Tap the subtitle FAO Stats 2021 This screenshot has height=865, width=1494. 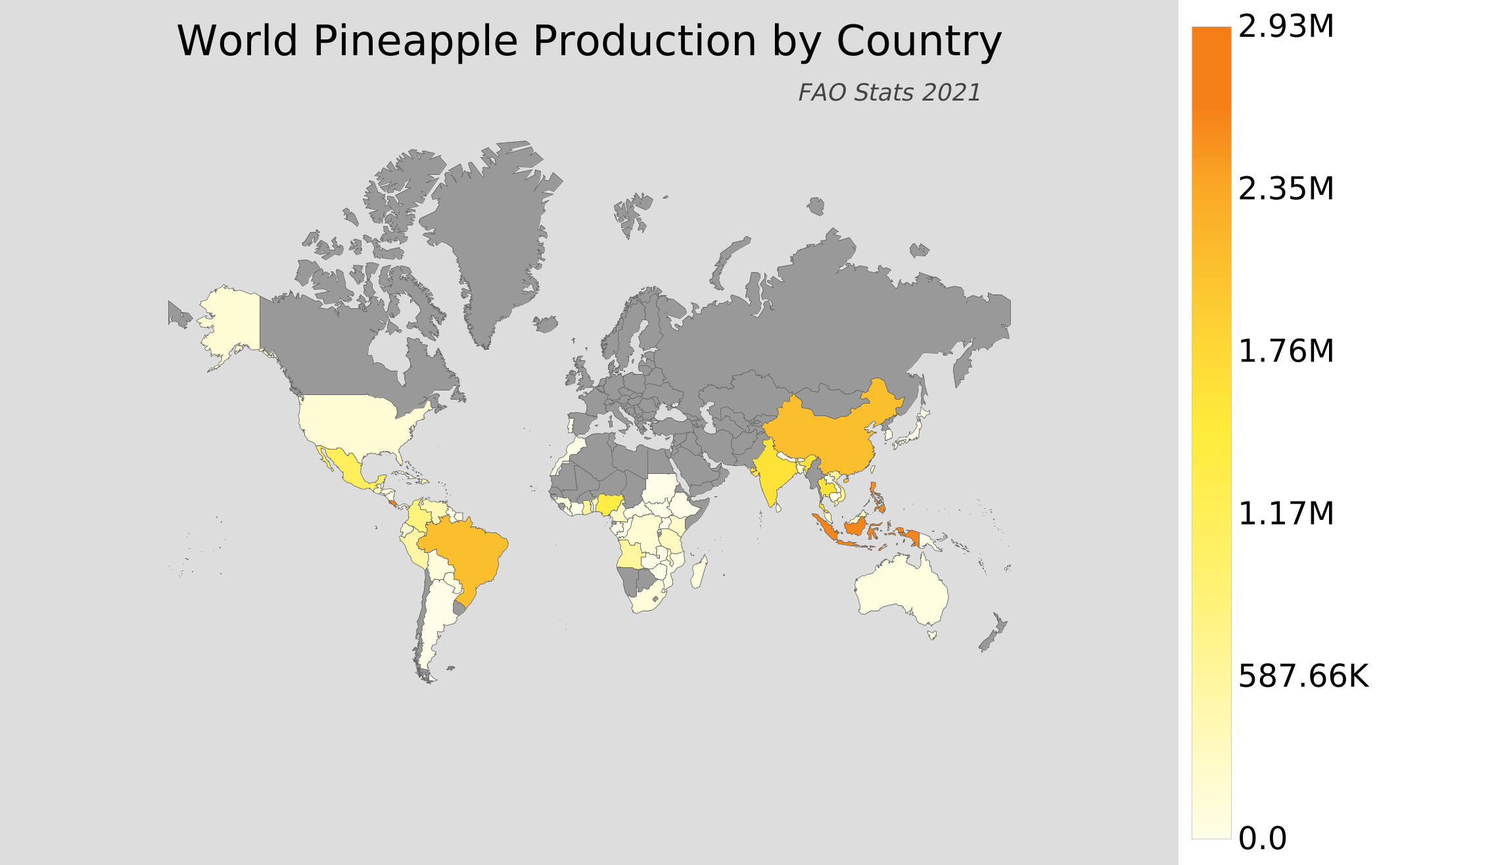[889, 93]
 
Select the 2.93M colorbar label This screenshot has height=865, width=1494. [1286, 27]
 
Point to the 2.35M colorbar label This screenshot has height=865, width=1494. [1286, 189]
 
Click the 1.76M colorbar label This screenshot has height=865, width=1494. [1286, 352]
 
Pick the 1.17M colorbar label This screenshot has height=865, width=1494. [1286, 513]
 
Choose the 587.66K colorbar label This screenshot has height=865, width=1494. [1303, 676]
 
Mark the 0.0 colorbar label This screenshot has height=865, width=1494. [1262, 839]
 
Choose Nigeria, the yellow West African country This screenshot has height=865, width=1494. [609, 504]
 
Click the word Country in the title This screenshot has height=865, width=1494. [918, 42]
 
